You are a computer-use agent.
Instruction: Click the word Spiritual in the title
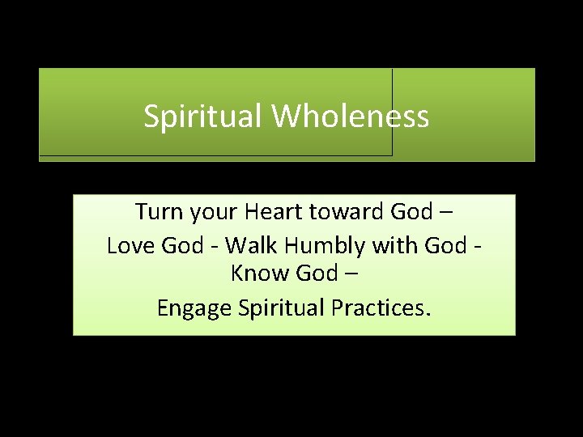[203, 117]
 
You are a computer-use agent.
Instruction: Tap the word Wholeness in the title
[350, 117]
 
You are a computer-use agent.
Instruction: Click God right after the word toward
[411, 212]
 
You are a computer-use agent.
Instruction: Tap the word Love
[131, 244]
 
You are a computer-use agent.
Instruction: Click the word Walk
[252, 244]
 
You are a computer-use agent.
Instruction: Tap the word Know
[256, 274]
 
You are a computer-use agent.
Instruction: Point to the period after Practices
[428, 314]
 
